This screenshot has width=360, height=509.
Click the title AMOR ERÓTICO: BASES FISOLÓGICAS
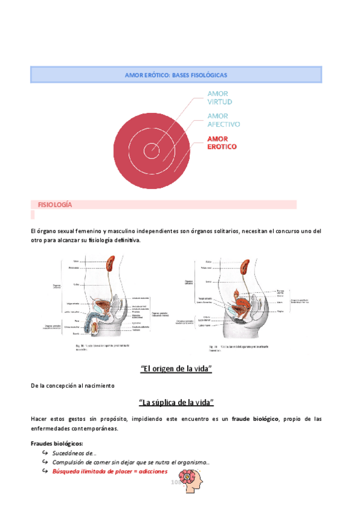coord(176,75)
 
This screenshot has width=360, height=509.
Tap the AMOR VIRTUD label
coord(220,98)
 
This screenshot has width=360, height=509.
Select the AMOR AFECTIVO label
coord(223,120)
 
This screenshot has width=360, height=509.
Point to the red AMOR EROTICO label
coord(221,143)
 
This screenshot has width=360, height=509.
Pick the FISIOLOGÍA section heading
coord(55,205)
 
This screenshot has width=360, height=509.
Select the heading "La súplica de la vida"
coord(176,402)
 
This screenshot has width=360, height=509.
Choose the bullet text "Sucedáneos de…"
coord(74,453)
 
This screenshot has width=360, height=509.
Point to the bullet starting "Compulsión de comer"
coord(131,462)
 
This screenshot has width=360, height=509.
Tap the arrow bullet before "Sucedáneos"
coord(45,453)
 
